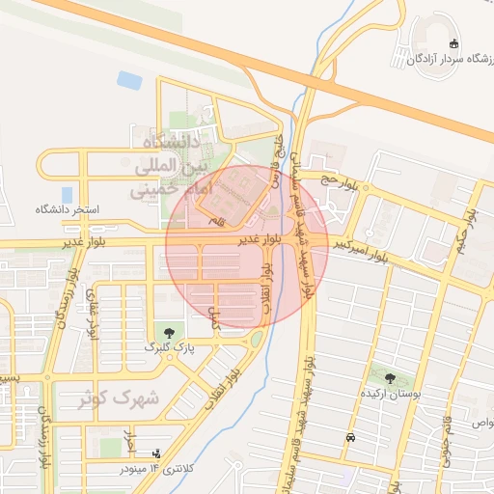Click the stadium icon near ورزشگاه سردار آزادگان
pyautogui.click(x=454, y=44)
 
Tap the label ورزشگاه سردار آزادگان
pyautogui.click(x=442, y=61)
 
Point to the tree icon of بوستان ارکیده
pyautogui.click(x=389, y=378)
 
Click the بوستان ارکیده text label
pyautogui.click(x=387, y=393)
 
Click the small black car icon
pyautogui.click(x=349, y=437)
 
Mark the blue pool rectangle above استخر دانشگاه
pyautogui.click(x=67, y=194)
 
